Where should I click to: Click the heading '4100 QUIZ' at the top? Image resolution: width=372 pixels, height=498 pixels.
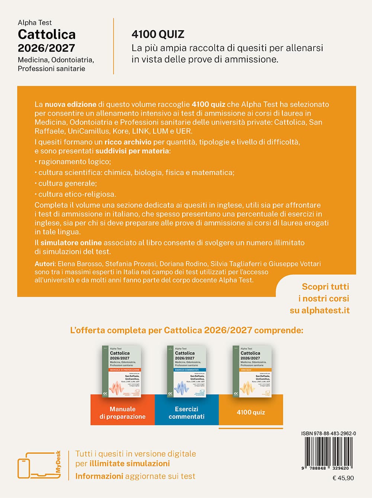coord(158,35)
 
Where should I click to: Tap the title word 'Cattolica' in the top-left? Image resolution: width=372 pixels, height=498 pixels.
coord(46,35)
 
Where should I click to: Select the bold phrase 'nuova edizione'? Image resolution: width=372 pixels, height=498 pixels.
coord(71,105)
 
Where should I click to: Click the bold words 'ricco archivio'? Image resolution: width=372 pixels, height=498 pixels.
coord(128,142)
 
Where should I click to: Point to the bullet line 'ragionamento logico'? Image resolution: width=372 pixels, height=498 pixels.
coord(74,162)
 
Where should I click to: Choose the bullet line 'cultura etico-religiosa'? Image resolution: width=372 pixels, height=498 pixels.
coord(77,194)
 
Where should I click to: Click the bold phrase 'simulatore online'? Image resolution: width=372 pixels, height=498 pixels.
coord(71,243)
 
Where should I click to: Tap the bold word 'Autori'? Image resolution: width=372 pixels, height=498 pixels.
coord(45,264)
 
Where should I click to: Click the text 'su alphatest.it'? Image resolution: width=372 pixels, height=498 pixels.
coord(320,311)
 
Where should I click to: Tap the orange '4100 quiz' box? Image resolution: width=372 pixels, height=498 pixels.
coord(251,412)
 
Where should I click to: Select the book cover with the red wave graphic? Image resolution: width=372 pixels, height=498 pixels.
coord(122,371)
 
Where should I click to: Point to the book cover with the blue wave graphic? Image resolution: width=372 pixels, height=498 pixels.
coord(186,371)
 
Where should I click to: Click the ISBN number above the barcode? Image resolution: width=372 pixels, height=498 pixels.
coord(328,433)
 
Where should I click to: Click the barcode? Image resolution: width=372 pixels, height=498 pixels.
coord(328,452)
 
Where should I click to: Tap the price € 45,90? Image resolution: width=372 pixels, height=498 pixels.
coord(343,478)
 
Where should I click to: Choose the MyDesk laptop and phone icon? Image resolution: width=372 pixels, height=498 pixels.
coord(37,465)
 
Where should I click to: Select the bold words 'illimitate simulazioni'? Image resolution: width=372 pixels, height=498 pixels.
coord(129,464)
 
